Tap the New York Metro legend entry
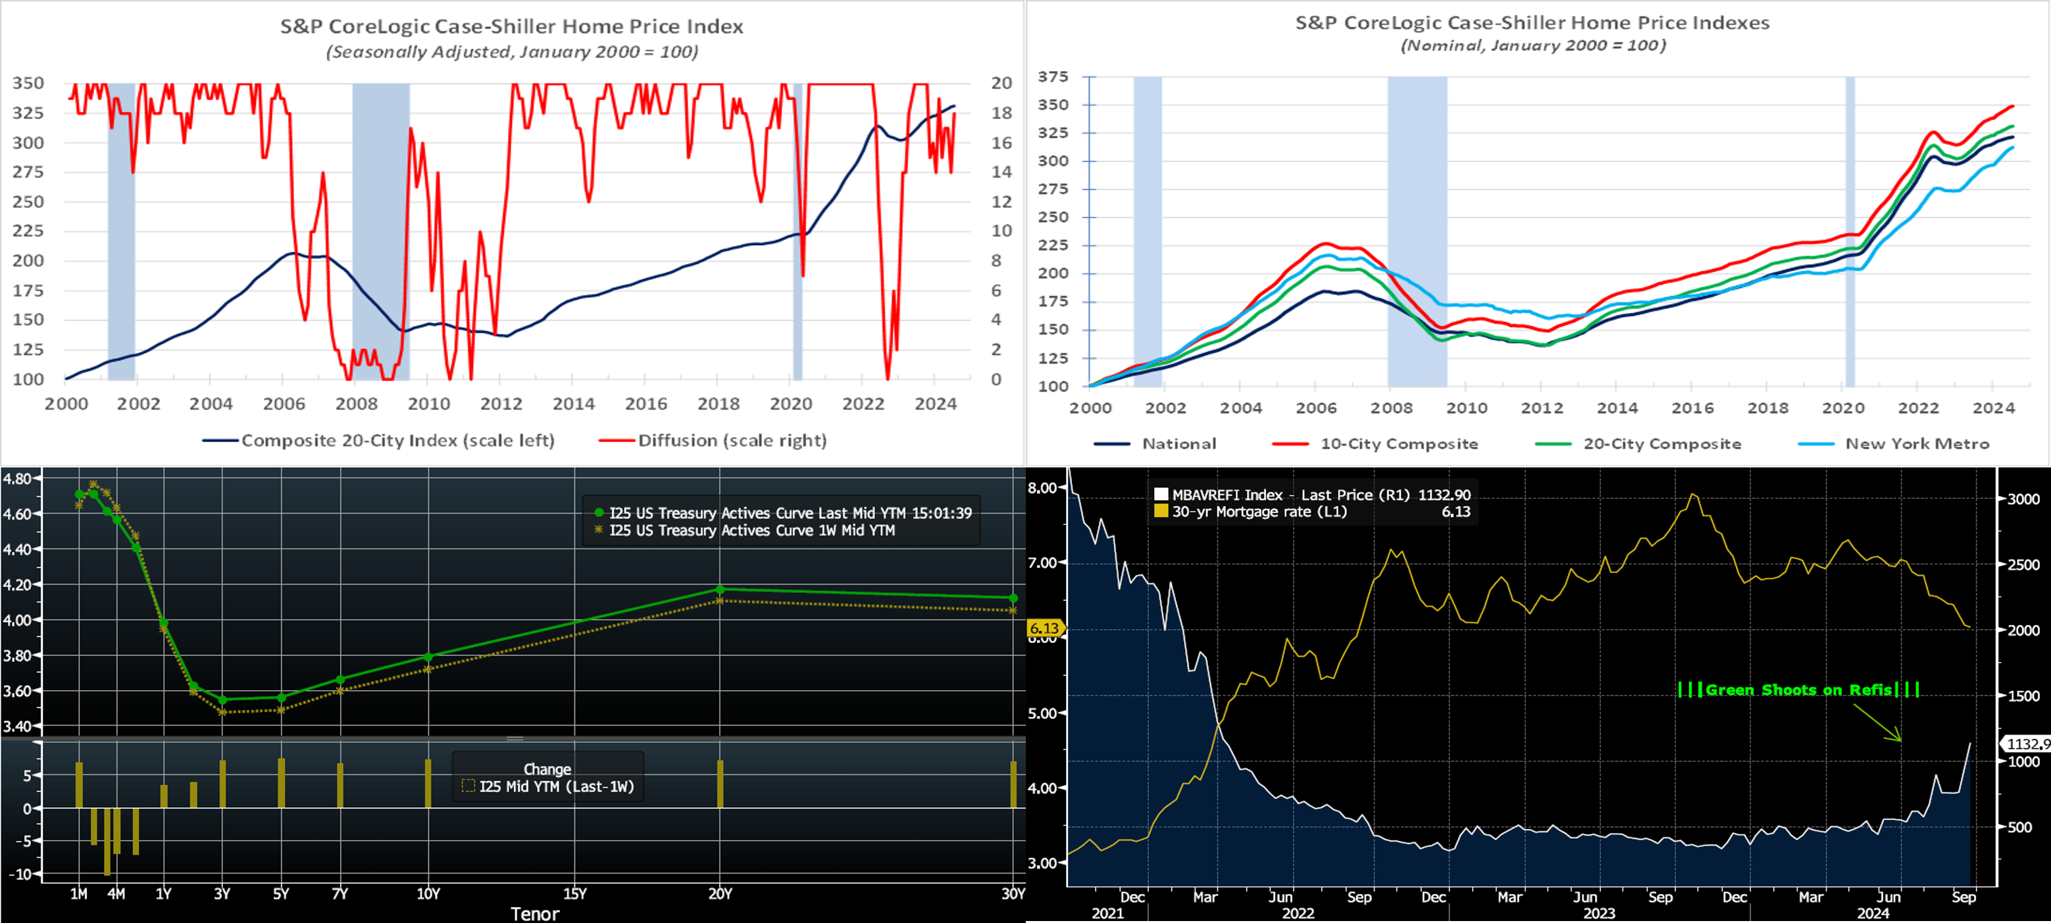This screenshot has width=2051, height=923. click(1917, 444)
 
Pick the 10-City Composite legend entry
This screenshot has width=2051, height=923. click(1398, 444)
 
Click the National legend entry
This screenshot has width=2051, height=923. click(1178, 444)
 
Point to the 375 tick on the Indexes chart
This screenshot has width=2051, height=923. click(1053, 76)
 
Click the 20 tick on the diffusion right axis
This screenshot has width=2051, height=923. click(1001, 83)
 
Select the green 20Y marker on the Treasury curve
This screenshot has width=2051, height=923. click(720, 590)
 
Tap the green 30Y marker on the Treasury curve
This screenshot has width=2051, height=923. click(1013, 598)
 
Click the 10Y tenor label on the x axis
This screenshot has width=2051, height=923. click(428, 893)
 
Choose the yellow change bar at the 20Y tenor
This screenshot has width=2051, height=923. click(720, 784)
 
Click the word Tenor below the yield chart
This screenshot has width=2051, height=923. click(534, 913)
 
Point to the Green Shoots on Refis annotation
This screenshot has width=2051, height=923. click(1798, 690)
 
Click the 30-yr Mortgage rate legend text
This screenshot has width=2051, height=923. click(1259, 511)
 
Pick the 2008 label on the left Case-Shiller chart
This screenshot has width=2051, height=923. click(356, 404)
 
